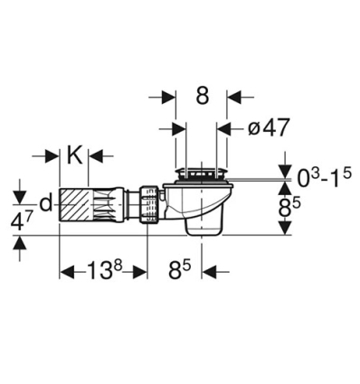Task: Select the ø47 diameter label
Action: pos(268,128)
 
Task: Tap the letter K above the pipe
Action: pos(74,155)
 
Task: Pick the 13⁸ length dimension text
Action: pos(101,270)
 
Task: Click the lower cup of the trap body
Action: pos(204,219)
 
